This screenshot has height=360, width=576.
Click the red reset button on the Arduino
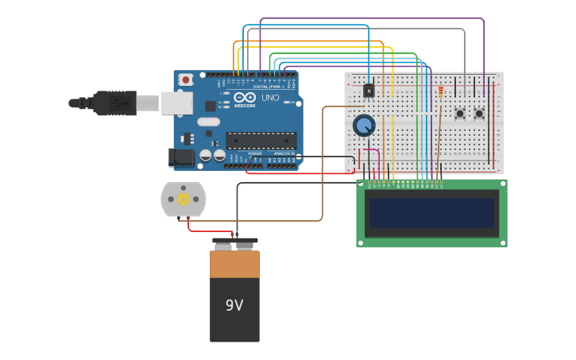[x=186, y=79]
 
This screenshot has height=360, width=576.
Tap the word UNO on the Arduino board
[x=270, y=98]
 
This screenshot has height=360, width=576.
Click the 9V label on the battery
[x=234, y=305]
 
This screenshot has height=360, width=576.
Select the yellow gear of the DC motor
[x=184, y=199]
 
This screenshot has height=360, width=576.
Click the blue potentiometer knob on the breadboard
[x=364, y=125]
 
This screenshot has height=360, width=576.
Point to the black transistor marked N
[x=369, y=91]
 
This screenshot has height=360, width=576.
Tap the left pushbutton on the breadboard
[x=460, y=114]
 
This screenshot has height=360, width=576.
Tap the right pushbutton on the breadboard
[x=479, y=114]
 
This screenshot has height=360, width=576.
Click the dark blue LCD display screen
[x=431, y=212]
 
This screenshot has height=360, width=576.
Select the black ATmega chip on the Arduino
[x=261, y=141]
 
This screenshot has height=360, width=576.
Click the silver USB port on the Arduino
[x=177, y=103]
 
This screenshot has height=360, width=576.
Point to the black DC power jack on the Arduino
[x=182, y=157]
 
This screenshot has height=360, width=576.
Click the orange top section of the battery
[x=234, y=264]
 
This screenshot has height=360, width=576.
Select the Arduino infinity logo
[x=244, y=98]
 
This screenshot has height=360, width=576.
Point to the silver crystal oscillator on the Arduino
[x=208, y=122]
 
